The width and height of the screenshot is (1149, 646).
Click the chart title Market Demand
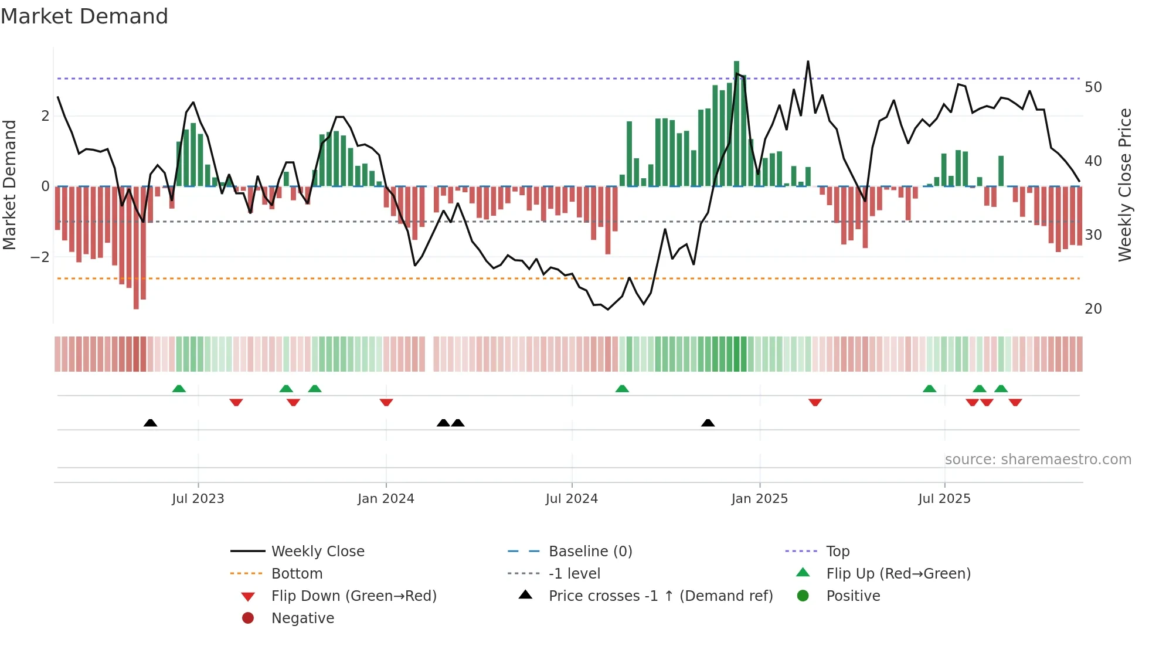pyautogui.click(x=84, y=16)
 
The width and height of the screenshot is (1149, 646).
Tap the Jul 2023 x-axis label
pyautogui.click(x=198, y=499)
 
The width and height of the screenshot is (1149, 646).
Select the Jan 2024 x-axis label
pyautogui.click(x=386, y=499)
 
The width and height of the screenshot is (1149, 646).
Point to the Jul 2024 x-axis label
pyautogui.click(x=572, y=499)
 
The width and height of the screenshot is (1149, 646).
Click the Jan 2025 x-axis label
pyautogui.click(x=760, y=499)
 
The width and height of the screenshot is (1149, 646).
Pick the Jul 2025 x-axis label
pyautogui.click(x=944, y=499)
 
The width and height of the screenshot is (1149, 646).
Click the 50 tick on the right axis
pyautogui.click(x=1093, y=87)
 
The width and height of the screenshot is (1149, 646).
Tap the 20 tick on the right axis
pyautogui.click(x=1093, y=309)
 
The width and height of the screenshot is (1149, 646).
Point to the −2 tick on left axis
pyautogui.click(x=40, y=257)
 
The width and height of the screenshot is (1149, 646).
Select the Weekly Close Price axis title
pyautogui.click(x=1124, y=185)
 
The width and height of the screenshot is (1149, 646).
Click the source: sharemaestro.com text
pyautogui.click(x=1038, y=460)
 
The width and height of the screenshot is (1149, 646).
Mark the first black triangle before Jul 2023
pyautogui.click(x=151, y=423)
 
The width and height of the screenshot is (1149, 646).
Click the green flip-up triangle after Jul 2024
pyautogui.click(x=622, y=389)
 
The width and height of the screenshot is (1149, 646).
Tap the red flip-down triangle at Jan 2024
pyautogui.click(x=386, y=402)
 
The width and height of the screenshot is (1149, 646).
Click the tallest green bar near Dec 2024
pyautogui.click(x=736, y=123)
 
